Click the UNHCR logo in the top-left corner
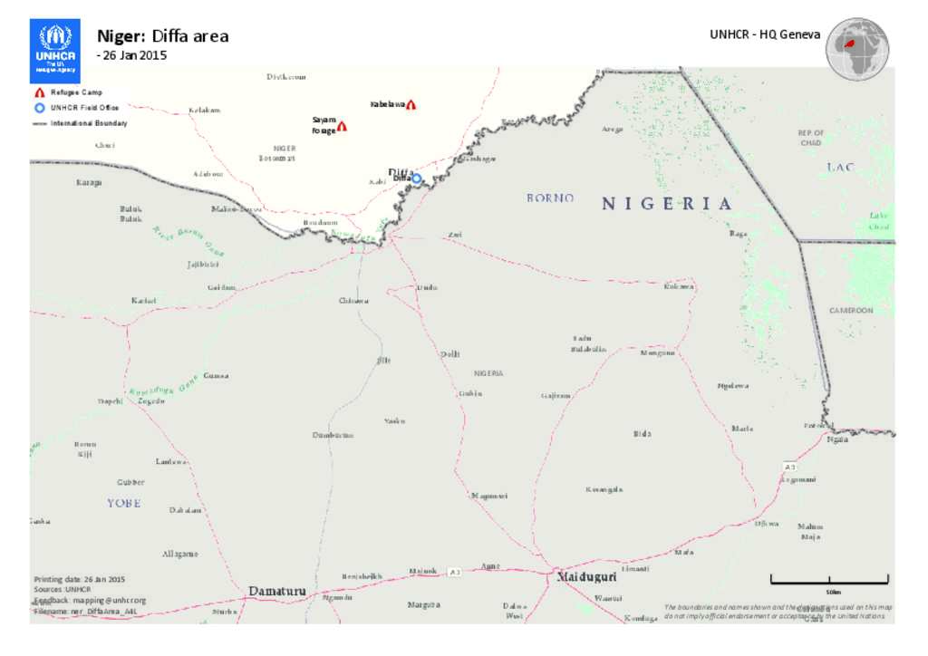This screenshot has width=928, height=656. (x=54, y=50)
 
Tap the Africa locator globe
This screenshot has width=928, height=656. (x=856, y=48)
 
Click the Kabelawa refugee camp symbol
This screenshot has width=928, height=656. (x=411, y=105)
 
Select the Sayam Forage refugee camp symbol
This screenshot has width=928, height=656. (x=343, y=127)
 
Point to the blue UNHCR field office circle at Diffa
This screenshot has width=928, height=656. (x=417, y=178)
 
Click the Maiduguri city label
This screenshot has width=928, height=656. (x=586, y=576)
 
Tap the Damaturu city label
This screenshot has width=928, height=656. (x=277, y=592)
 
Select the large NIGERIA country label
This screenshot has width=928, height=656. (x=666, y=204)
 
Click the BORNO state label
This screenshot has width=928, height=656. (x=550, y=198)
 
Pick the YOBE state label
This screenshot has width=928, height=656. (x=124, y=503)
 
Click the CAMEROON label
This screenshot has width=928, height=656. (x=851, y=311)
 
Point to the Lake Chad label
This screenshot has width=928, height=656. (x=878, y=221)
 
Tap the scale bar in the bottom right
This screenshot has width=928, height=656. (x=829, y=579)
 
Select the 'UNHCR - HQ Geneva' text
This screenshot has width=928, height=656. (x=765, y=34)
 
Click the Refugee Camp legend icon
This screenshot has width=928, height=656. (x=39, y=93)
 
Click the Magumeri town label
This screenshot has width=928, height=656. (x=489, y=496)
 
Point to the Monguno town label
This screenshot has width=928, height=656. (x=657, y=353)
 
